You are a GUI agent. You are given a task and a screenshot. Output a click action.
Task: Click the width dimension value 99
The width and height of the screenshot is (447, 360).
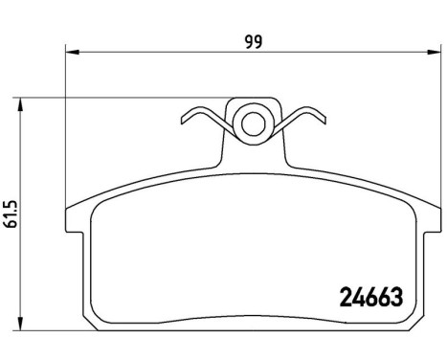tap(253, 40)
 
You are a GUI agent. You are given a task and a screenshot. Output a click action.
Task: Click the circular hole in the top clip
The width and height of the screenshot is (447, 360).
tap(253, 123)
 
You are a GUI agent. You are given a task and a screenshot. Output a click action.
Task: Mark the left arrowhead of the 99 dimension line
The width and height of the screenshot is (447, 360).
tap(69, 54)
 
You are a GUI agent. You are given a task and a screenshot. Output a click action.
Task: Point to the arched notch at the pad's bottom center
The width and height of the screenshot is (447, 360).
tap(253, 348)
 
